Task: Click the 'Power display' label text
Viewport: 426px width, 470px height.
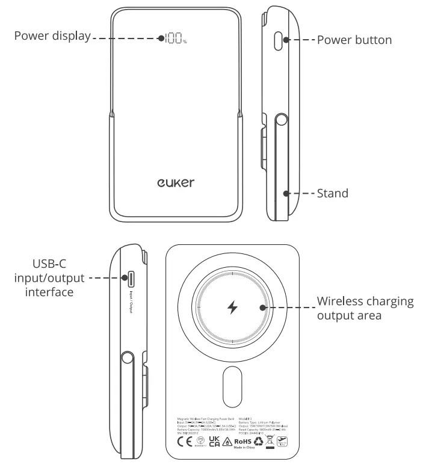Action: pyautogui.click(x=52, y=37)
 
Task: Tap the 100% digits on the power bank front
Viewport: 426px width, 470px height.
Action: pyautogui.click(x=175, y=39)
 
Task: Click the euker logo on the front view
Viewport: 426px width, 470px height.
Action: pyautogui.click(x=175, y=182)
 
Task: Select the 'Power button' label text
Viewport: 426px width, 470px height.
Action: pyautogui.click(x=355, y=40)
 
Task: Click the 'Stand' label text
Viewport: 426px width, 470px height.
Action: pyautogui.click(x=333, y=194)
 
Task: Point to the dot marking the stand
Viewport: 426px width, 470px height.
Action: pyautogui.click(x=285, y=194)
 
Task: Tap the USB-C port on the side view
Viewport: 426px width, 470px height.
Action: pyautogui.click(x=131, y=278)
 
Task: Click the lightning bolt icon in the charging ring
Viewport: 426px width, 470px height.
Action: pyautogui.click(x=233, y=308)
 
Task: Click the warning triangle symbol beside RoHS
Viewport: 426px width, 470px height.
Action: pyautogui.click(x=227, y=441)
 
